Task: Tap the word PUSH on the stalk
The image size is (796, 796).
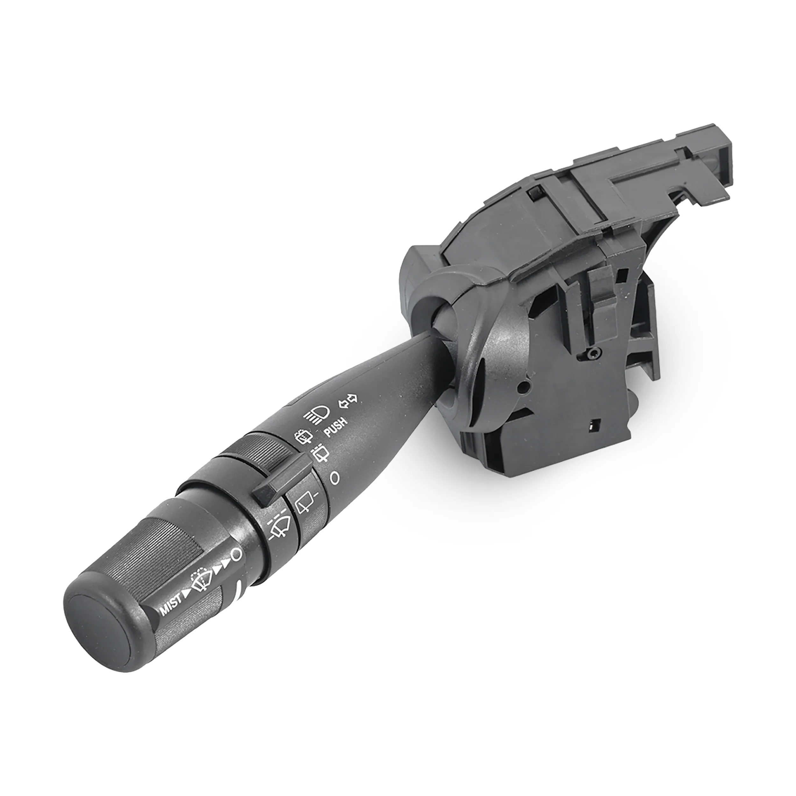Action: [336, 426]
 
